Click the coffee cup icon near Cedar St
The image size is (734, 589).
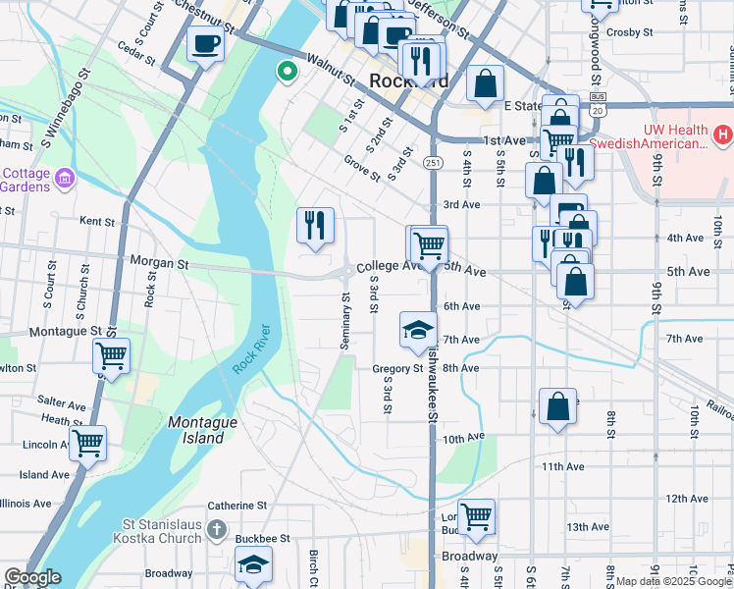coord(205,44)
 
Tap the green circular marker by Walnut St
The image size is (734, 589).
coord(287,71)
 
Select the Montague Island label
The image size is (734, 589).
coord(203,430)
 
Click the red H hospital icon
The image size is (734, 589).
coord(722,133)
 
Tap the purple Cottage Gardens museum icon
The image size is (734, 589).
coord(65,178)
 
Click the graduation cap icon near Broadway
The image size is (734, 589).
coord(252,565)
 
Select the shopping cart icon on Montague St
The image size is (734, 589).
coord(112,354)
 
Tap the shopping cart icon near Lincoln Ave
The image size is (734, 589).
coord(88,443)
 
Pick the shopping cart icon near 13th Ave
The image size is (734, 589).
coord(476,515)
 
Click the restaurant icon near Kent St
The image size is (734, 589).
coord(315,226)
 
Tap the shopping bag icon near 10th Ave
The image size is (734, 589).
coord(557,405)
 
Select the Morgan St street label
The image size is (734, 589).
coord(161,264)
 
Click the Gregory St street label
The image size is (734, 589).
coord(397,369)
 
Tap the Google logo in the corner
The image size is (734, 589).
coord(32,577)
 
